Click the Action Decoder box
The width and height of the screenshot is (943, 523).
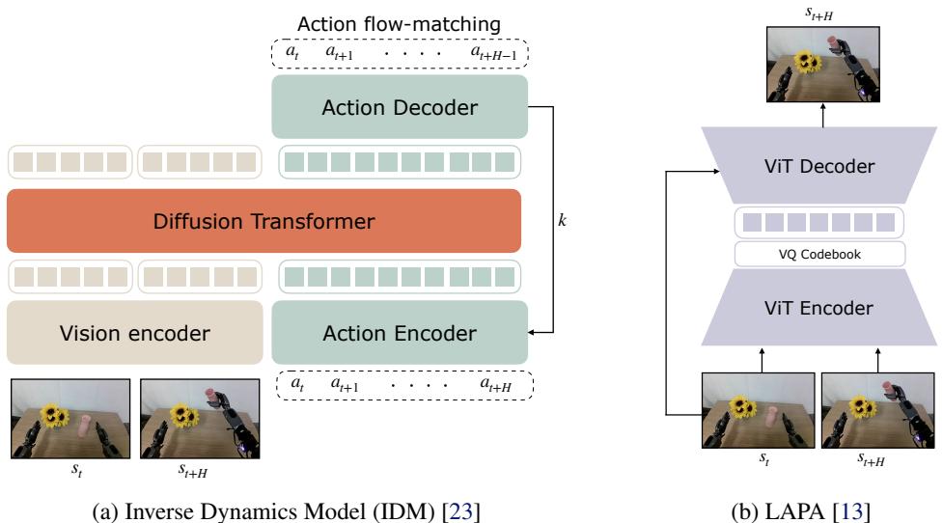point(400,107)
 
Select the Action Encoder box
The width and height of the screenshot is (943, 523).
point(400,333)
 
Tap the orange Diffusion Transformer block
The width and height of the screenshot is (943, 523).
point(263,221)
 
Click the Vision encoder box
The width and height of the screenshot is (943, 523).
point(134,333)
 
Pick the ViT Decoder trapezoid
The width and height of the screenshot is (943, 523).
point(819,166)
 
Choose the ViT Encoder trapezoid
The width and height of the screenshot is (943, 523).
point(819,310)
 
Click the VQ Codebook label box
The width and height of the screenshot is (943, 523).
point(819,255)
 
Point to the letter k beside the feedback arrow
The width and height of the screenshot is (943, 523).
point(563,221)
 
